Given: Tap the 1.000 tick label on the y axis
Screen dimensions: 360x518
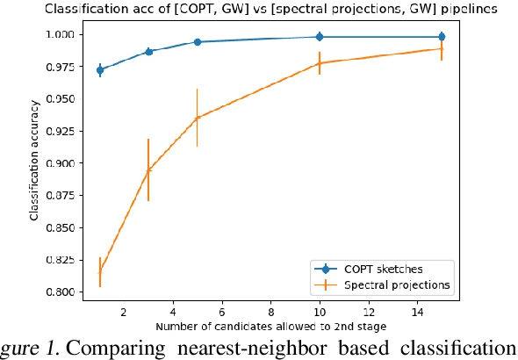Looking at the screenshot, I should (x=67, y=35).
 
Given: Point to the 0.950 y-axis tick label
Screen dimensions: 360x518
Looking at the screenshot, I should (x=67, y=99).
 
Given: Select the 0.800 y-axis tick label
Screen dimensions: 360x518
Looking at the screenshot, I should (x=67, y=292).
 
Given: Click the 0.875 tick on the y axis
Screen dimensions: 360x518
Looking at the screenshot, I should (x=67, y=196).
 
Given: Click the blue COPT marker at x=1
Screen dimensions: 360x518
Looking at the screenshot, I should (x=100, y=70).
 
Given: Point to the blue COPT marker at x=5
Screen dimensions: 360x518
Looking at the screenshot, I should (x=198, y=42).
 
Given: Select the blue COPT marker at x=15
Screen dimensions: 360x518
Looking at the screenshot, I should (x=442, y=37).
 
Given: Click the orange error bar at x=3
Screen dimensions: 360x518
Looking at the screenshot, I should (x=148, y=169).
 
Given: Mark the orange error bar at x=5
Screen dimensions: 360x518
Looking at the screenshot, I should (x=198, y=118).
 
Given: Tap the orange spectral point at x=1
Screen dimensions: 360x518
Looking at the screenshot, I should (x=100, y=272).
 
